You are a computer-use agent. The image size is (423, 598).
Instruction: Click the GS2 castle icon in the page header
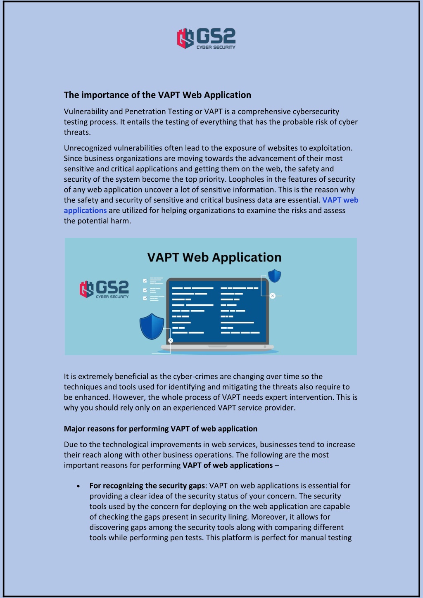pos(185,38)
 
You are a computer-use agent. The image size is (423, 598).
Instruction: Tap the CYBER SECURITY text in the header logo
pos(216,47)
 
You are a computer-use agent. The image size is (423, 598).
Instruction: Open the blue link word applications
pos(85,210)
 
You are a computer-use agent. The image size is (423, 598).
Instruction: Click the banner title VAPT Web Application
pos(214,257)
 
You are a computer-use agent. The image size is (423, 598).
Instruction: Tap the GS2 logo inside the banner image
pos(104,289)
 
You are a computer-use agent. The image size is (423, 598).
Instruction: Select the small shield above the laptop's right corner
pos(274,275)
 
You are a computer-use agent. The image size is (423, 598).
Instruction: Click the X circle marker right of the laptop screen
pos(273,296)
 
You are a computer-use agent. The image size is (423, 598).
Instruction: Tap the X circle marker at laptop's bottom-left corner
pos(171,340)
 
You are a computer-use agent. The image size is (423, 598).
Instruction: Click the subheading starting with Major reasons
pos(160,429)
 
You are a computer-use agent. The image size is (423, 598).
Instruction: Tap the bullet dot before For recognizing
pos(78,486)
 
